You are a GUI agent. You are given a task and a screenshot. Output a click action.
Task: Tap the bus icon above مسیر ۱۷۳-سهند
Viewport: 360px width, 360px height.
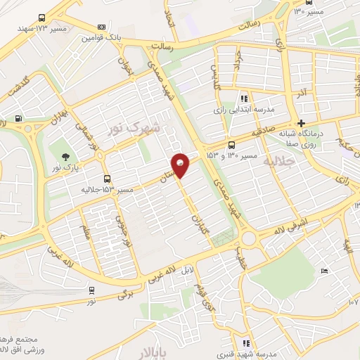pyautogui.click(x=41, y=18)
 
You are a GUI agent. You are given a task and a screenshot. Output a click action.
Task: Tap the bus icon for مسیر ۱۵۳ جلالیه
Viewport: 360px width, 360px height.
pyautogui.click(x=106, y=179)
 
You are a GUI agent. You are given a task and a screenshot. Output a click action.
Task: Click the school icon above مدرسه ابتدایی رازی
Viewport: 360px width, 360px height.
pyautogui.click(x=244, y=99)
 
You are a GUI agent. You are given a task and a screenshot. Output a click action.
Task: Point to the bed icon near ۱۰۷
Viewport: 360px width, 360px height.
pyautogui.click(x=323, y=271)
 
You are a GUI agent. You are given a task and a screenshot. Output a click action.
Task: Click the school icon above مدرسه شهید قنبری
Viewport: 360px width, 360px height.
pyautogui.click(x=245, y=343)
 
